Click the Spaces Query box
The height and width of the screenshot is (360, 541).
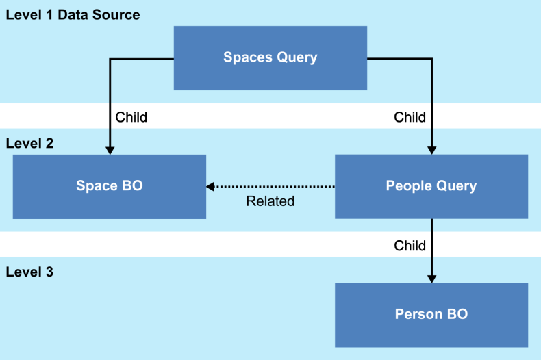[x=270, y=57]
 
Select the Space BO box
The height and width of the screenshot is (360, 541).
[x=110, y=186]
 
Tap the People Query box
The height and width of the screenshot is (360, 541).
[x=431, y=186]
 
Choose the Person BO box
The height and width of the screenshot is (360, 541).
[x=431, y=315]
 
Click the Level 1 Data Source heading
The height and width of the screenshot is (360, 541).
[x=73, y=15]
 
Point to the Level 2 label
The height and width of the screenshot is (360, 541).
[x=29, y=144]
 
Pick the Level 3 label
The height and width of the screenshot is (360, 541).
[x=29, y=272]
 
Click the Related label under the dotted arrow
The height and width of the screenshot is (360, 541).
[x=270, y=201]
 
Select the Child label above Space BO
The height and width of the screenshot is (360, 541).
[x=131, y=117]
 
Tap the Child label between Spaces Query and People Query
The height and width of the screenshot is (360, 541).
[x=410, y=117]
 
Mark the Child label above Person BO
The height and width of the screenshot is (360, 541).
[x=410, y=246]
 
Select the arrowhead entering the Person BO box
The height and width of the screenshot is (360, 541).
[x=431, y=279]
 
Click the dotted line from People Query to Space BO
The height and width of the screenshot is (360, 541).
[x=274, y=186]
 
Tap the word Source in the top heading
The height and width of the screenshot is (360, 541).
[x=118, y=15]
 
